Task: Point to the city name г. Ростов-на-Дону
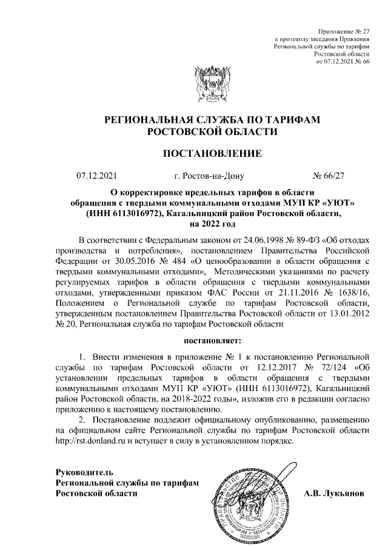pos(209,177)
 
